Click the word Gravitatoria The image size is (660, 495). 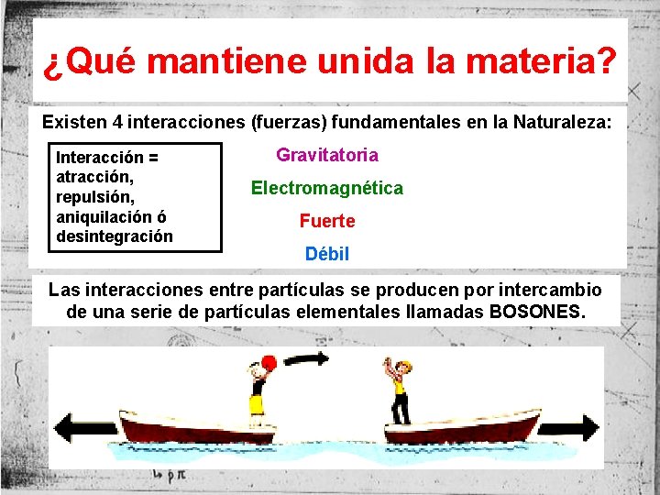[x=327, y=155]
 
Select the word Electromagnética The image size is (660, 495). [x=327, y=188]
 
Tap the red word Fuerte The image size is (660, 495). [x=327, y=221]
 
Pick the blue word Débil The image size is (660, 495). [x=327, y=254]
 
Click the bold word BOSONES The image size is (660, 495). [x=536, y=312]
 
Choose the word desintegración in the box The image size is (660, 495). [x=115, y=236]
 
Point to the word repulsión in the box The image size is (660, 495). [x=95, y=196]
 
